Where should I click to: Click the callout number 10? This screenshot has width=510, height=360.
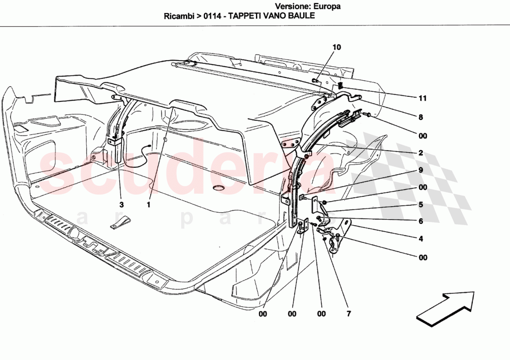(x=337, y=47)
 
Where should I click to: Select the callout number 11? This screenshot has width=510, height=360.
(x=422, y=98)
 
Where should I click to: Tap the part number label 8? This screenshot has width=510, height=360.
(x=421, y=118)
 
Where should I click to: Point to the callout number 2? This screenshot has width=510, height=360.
(x=421, y=152)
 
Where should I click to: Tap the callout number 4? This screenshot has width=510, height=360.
(x=421, y=239)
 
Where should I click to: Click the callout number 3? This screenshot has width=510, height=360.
(x=121, y=204)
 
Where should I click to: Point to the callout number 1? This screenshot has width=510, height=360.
(x=149, y=204)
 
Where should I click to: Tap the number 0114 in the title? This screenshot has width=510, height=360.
(x=213, y=15)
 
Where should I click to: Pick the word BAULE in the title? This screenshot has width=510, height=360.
(x=304, y=15)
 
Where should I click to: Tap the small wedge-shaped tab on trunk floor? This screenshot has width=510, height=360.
(x=120, y=223)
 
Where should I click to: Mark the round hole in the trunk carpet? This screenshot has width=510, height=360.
(x=218, y=188)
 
